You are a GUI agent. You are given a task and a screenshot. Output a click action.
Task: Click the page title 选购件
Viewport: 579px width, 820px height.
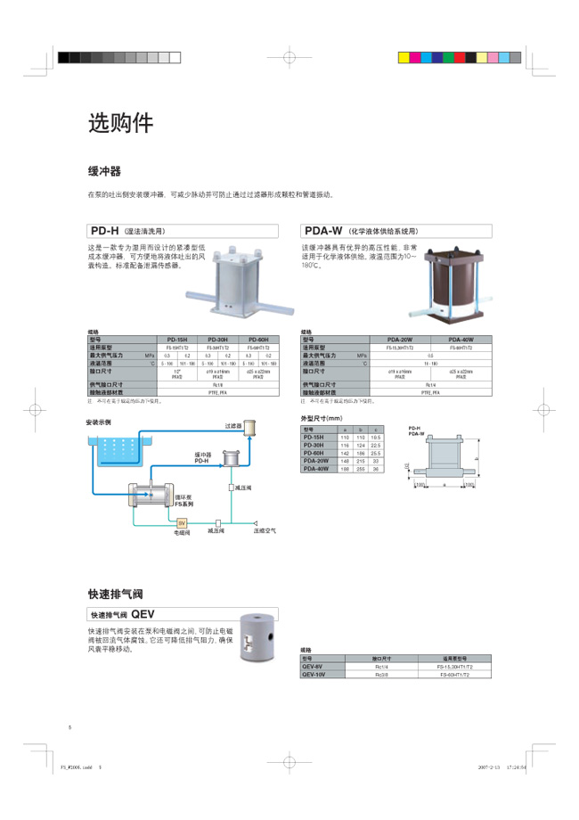[x=120, y=124]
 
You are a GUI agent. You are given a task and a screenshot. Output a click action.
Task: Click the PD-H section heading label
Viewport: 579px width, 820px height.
[x=105, y=230]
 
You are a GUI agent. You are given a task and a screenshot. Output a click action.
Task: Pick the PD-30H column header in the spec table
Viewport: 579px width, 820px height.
[x=218, y=339]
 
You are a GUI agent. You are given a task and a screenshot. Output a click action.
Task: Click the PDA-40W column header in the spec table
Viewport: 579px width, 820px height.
[x=461, y=339]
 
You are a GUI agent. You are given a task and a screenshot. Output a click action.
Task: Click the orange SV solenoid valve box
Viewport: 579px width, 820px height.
[x=182, y=523]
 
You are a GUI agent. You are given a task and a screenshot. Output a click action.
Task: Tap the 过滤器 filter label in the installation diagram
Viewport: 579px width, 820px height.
[x=233, y=427]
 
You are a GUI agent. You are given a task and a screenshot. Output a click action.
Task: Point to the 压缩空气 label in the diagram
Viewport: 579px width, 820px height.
[x=265, y=532]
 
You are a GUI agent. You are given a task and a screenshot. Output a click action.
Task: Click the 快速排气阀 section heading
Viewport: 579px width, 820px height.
[x=115, y=594]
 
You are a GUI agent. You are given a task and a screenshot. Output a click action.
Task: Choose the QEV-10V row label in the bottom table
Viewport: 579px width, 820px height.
[x=314, y=675]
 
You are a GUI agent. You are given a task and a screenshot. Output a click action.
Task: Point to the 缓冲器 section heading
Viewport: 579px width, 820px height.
[x=103, y=170]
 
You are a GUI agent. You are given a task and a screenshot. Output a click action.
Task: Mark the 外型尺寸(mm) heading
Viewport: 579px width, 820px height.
[x=322, y=418]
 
